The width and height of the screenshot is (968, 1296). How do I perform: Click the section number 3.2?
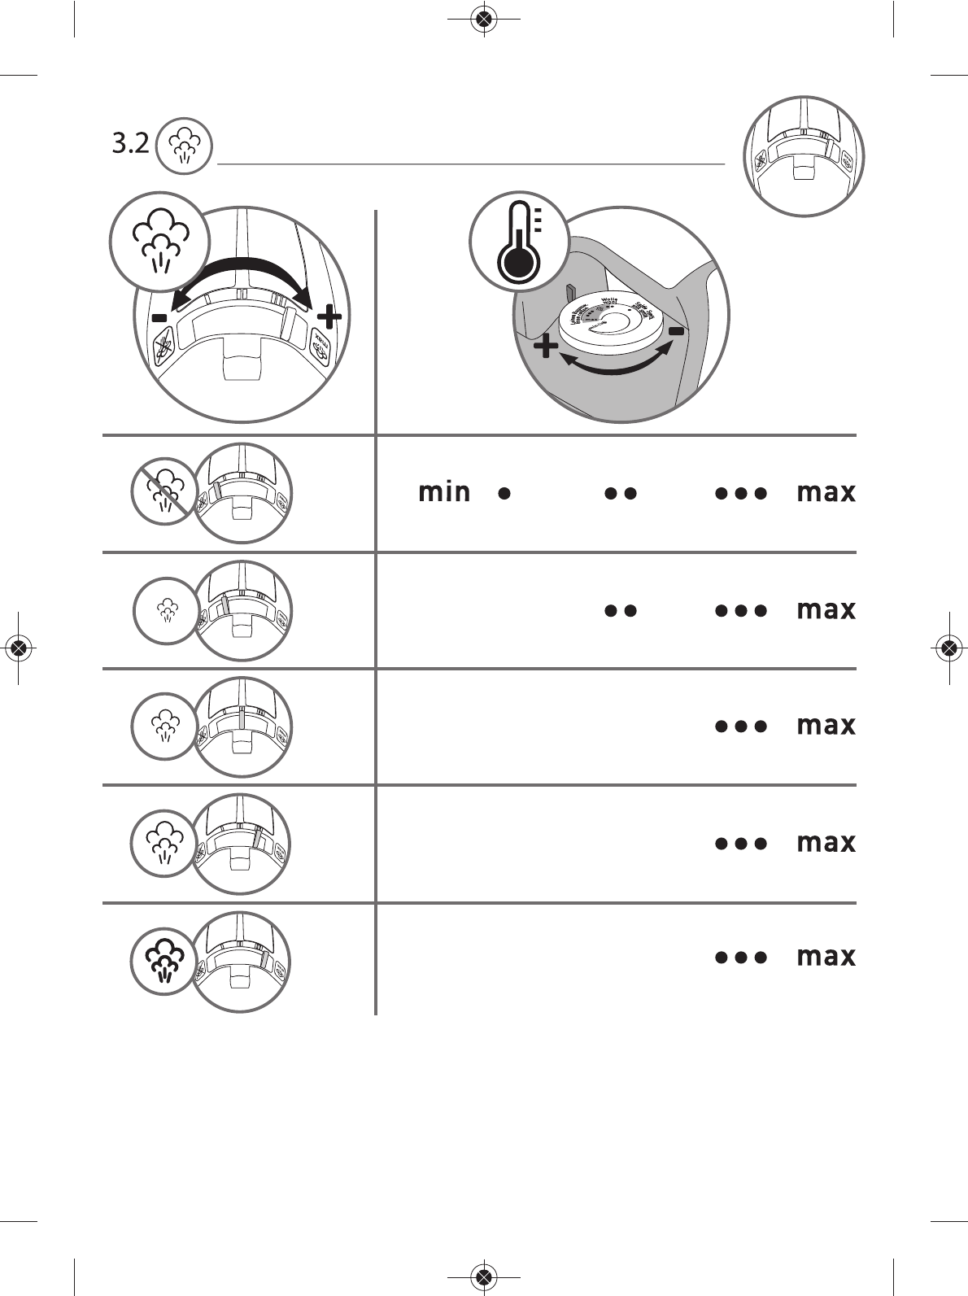pos(130,145)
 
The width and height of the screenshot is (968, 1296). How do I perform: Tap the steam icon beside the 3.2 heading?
pos(184,146)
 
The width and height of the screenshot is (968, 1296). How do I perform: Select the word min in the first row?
pos(444,492)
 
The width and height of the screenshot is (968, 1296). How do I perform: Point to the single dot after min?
pos(504,493)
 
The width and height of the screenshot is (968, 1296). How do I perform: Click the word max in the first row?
pos(826,493)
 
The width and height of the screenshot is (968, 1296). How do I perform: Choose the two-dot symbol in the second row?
pos(620,610)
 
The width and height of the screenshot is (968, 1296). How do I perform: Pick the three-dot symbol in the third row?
pos(741,727)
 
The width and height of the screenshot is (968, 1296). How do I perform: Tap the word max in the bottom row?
pos(826,957)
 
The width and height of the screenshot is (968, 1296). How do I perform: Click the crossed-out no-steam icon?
pos(165,491)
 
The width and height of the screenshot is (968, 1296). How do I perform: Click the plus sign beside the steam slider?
pos(328,316)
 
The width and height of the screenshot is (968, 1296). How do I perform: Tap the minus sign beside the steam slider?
pos(159,316)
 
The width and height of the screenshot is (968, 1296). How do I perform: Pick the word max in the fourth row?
pos(826,843)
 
